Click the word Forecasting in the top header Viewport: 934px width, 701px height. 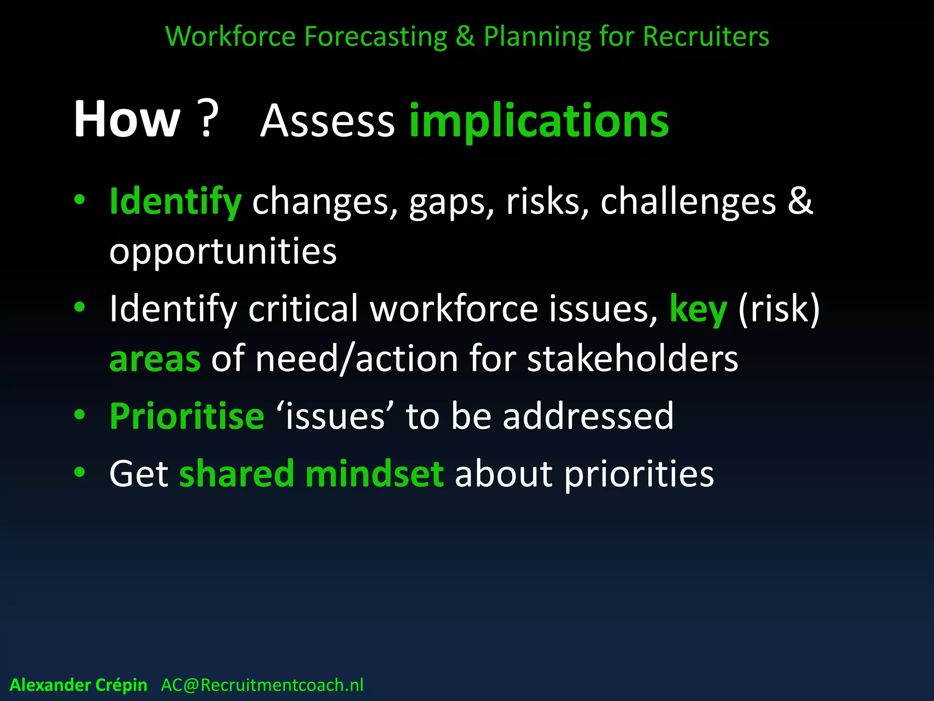click(375, 37)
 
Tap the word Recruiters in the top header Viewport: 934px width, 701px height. click(706, 37)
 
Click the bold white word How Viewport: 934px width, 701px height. click(127, 120)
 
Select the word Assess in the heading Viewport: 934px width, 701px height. click(327, 121)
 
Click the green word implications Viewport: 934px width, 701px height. click(539, 121)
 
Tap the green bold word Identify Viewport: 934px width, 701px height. click(175, 202)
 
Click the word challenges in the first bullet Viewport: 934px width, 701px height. click(688, 202)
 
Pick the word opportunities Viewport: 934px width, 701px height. click(223, 252)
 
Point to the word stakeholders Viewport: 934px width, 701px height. click(633, 359)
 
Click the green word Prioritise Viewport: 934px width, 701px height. click(187, 417)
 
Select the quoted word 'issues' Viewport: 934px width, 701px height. click(335, 417)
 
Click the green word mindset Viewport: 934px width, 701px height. click(374, 474)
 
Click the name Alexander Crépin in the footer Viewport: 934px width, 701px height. click(78, 685)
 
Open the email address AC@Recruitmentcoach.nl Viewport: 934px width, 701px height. click(262, 685)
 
